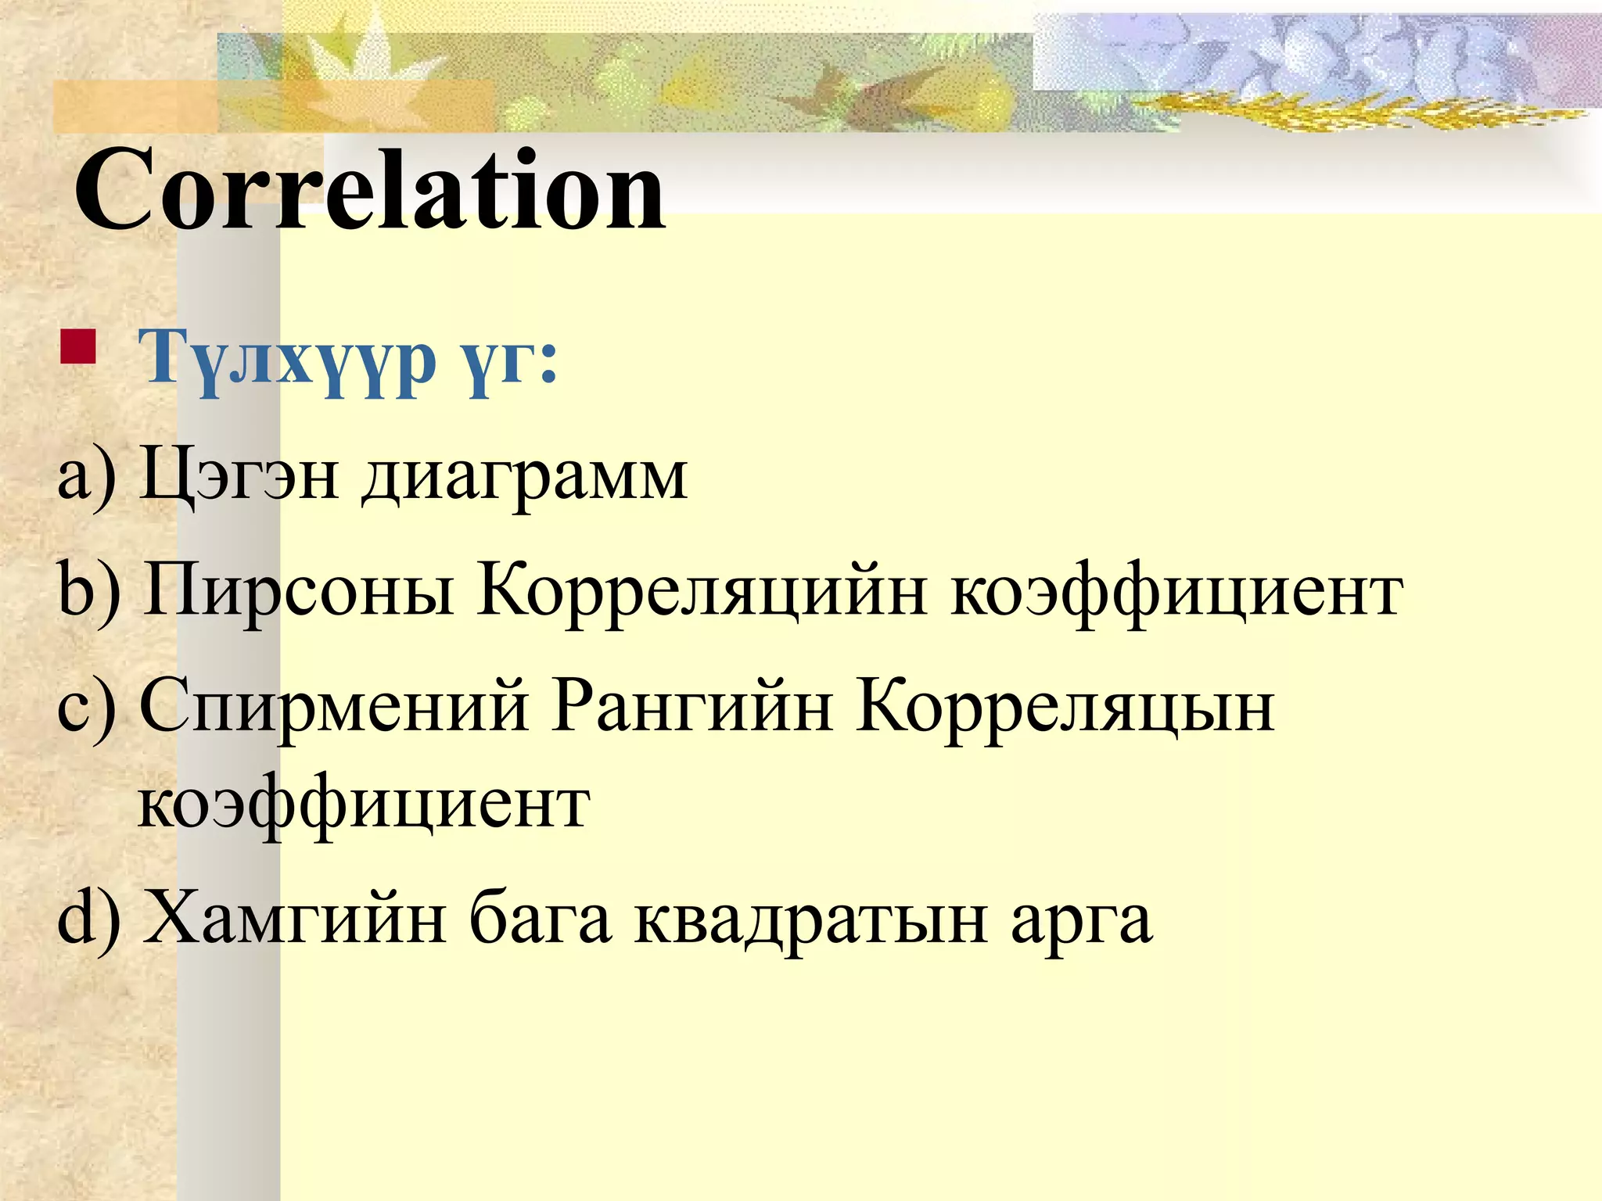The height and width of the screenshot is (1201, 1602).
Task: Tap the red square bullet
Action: (x=77, y=347)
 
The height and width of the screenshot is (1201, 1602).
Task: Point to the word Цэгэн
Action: (x=239, y=475)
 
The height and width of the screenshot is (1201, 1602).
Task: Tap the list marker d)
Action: (x=88, y=919)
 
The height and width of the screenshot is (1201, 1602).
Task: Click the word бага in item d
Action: (x=539, y=919)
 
